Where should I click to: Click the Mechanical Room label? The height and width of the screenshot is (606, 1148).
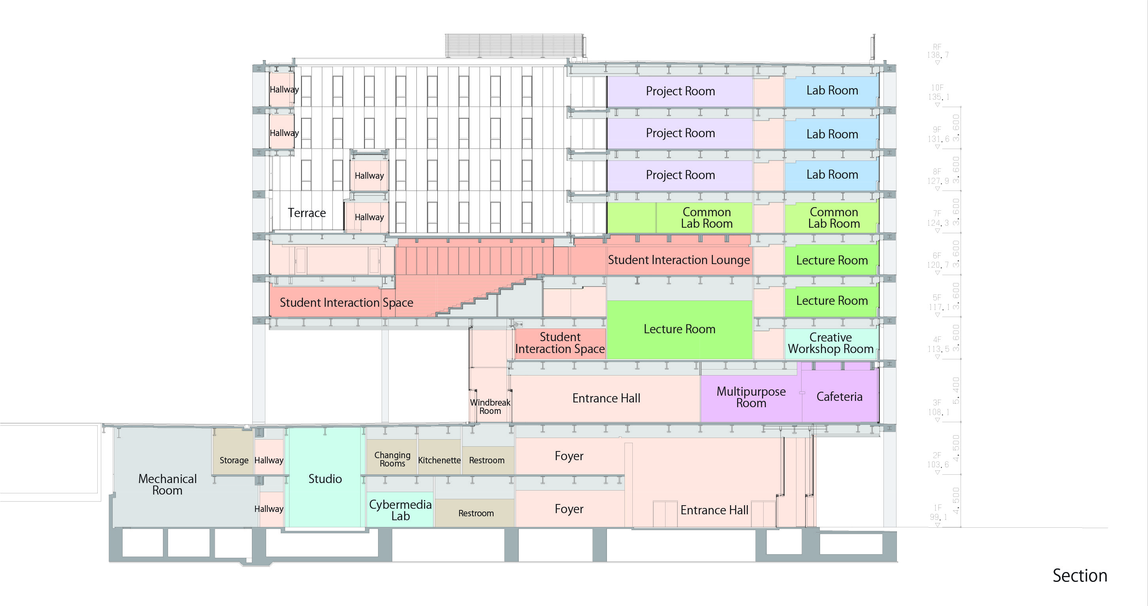click(x=167, y=484)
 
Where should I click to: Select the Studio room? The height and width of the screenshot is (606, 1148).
click(x=325, y=479)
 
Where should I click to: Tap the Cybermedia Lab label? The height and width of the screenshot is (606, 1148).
click(x=400, y=510)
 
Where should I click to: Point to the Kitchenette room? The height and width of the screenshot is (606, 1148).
click(x=439, y=460)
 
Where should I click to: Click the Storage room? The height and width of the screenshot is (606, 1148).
click(x=234, y=460)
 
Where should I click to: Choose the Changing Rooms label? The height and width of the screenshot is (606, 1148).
click(x=392, y=459)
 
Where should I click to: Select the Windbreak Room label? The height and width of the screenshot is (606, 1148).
click(x=490, y=406)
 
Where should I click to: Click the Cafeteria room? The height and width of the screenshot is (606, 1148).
click(x=839, y=396)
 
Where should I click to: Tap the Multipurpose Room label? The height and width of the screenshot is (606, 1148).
click(x=751, y=397)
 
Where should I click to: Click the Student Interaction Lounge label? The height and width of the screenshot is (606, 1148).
click(x=679, y=260)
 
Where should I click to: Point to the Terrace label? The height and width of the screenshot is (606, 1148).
click(x=306, y=213)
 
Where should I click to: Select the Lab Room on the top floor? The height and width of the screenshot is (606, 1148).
click(x=832, y=91)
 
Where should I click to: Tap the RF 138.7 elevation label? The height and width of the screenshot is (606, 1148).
click(x=937, y=51)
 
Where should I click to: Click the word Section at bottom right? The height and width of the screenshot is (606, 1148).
click(x=1079, y=576)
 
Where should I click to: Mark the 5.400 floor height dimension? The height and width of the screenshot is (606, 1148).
click(x=955, y=390)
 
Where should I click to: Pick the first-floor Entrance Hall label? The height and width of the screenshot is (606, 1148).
click(x=714, y=510)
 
